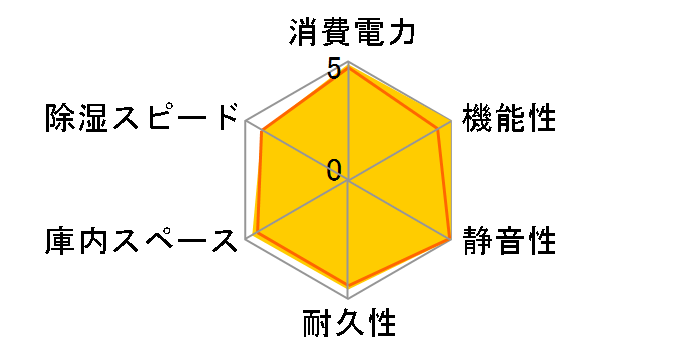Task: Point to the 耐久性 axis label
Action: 349,325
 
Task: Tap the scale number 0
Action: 335,170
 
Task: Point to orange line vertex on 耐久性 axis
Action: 348,286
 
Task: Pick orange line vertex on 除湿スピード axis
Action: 261,131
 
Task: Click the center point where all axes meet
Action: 348,181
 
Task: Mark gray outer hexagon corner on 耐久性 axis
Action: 348,297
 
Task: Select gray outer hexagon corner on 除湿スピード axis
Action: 247,123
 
